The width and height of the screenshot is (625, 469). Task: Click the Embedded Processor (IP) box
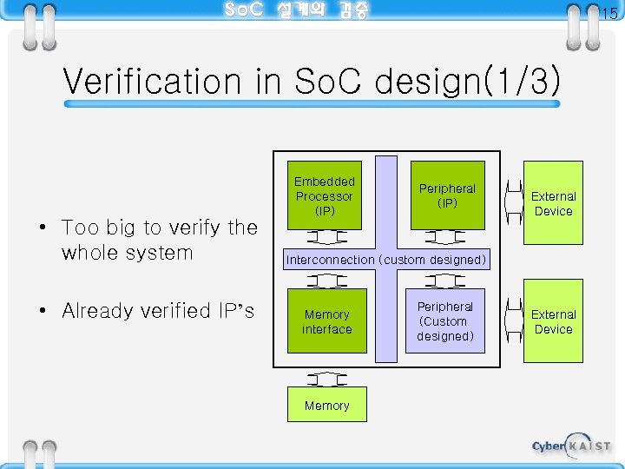pyautogui.click(x=325, y=195)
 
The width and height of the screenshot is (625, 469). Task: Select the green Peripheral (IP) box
pyautogui.click(x=447, y=195)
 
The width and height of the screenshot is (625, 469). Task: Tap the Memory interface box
pyautogui.click(x=327, y=321)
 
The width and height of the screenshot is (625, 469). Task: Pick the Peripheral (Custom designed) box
pyautogui.click(x=445, y=321)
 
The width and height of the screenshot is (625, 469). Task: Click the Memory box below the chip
pyautogui.click(x=327, y=406)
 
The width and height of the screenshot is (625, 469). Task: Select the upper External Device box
pyautogui.click(x=553, y=204)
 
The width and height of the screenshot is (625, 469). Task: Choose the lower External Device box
pyautogui.click(x=553, y=321)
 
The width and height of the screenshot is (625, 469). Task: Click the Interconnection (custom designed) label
pyautogui.click(x=386, y=260)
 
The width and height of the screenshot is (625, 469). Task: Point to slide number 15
pyautogui.click(x=609, y=13)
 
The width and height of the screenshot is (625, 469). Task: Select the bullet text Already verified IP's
pyautogui.click(x=158, y=311)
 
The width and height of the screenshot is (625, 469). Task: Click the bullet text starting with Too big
pyautogui.click(x=160, y=240)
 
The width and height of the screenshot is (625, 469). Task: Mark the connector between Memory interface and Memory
pyautogui.click(x=327, y=379)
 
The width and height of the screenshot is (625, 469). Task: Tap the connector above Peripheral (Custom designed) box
pyautogui.click(x=447, y=281)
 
